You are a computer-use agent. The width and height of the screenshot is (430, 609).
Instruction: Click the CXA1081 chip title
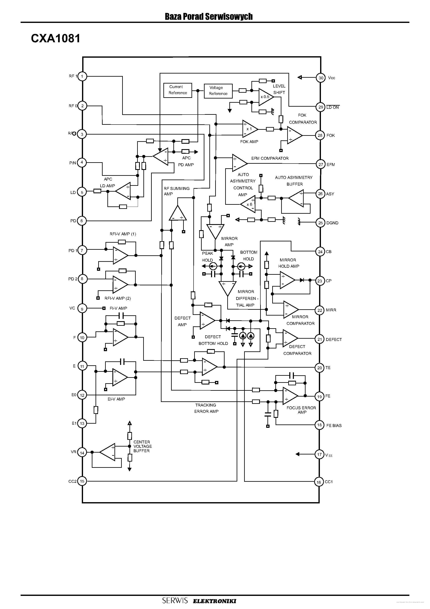pos(55,39)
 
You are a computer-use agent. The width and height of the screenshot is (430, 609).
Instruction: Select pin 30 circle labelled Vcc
pos(321,78)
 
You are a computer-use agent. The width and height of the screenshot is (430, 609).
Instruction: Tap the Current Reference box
pos(178,90)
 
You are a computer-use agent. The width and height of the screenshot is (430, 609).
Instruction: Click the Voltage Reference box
pos(218,91)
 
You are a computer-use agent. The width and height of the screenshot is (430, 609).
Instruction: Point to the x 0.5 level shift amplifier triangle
pos(265,97)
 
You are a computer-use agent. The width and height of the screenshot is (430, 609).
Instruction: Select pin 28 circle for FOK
pos(320,135)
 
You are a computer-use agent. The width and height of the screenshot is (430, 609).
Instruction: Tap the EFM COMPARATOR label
pos(270,158)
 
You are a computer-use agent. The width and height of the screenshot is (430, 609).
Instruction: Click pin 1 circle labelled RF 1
pos(82,76)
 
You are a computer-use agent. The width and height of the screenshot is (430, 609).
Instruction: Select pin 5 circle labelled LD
pos(82,192)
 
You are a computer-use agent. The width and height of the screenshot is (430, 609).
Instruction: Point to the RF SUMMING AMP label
pos(176,191)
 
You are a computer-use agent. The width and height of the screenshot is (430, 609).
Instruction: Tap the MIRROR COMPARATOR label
pos(300,320)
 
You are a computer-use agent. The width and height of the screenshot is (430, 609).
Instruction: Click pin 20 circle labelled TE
pos(319,368)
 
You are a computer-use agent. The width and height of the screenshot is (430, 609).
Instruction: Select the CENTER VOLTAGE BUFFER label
pos(142,446)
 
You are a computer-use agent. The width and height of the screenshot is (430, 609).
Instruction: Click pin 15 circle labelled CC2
pos(82,481)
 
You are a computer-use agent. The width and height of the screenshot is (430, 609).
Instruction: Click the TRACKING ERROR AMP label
pos(206,408)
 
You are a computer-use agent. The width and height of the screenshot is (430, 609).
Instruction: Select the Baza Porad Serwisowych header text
pos(209,16)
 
